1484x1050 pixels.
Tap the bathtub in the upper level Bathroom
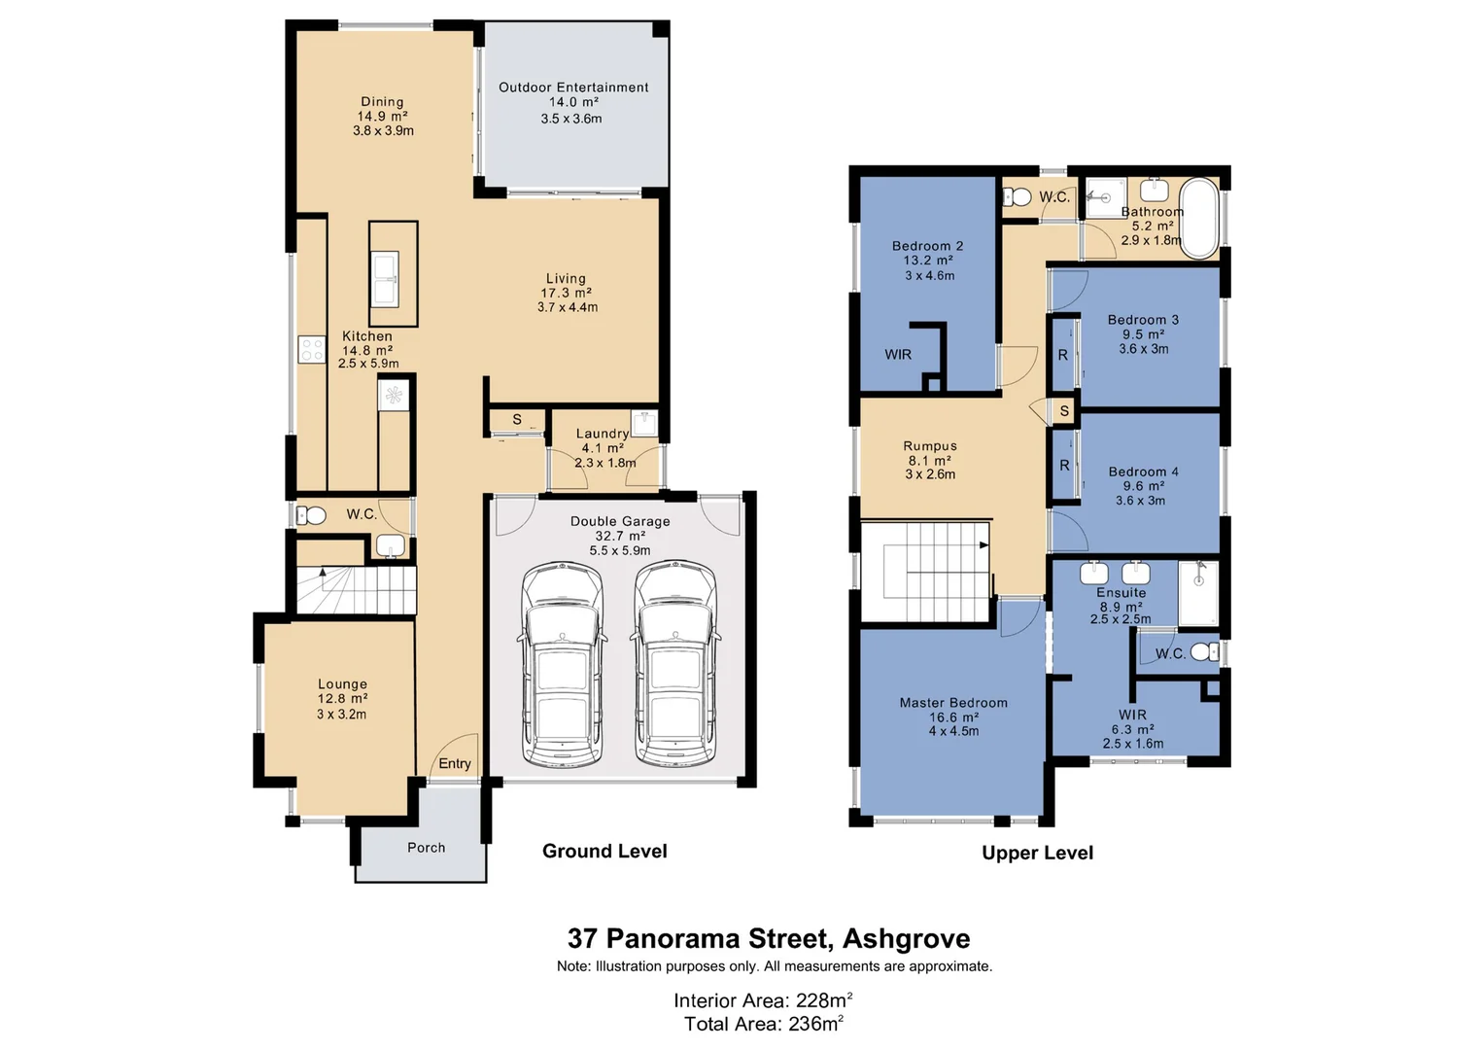pos(1199,218)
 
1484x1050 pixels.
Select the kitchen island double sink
pos(385,278)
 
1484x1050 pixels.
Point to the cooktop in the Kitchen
pos(312,349)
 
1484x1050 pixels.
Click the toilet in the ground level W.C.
pos(310,515)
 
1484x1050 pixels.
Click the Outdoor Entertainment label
pos(573,87)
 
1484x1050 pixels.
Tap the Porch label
pos(426,848)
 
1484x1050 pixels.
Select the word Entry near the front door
pos(454,764)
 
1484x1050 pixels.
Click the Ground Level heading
pos(604,852)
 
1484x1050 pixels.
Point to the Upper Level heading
pos(1037,854)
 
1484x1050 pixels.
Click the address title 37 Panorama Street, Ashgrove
pos(769,938)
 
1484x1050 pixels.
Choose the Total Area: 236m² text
pos(763,1024)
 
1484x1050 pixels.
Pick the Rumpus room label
pos(930,446)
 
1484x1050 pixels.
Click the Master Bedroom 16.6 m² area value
pos(953,717)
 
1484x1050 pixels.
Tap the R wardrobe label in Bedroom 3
pos(1062,356)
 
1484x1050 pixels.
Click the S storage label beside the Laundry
pos(517,420)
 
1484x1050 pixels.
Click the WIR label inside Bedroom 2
pos(898,355)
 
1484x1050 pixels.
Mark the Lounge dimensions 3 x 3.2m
pos(341,715)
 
